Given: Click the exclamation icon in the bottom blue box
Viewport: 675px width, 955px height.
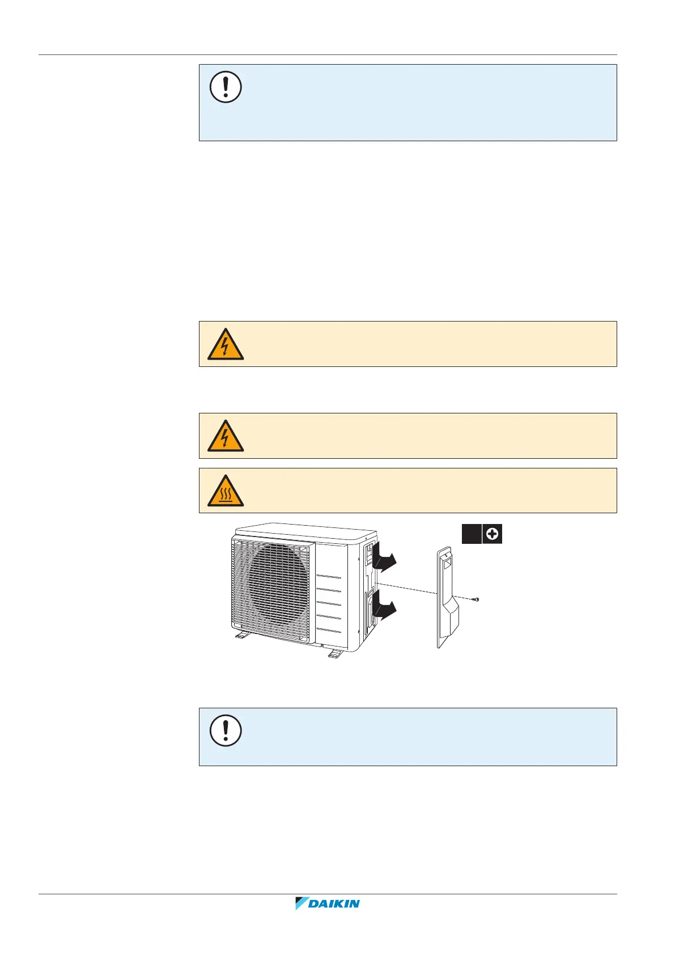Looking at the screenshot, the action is [226, 730].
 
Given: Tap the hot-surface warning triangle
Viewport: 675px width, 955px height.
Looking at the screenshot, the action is [226, 491].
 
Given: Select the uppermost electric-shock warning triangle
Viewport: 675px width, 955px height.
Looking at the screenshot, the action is [226, 344].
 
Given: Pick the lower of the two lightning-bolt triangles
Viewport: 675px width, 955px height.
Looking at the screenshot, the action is [226, 436].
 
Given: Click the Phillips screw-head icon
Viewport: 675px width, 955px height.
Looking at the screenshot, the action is [493, 534].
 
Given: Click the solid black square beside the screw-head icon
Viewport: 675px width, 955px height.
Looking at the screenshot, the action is [471, 534].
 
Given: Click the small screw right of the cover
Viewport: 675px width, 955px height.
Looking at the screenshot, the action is [477, 599].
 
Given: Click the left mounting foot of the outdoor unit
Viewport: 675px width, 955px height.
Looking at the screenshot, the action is [243, 636].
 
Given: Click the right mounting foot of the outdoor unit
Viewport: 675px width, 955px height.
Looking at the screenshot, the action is [334, 653].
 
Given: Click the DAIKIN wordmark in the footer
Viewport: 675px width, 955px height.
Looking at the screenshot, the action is [334, 903].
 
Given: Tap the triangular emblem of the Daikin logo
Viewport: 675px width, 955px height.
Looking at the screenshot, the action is [301, 903].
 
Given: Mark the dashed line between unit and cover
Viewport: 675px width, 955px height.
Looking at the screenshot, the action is [405, 588].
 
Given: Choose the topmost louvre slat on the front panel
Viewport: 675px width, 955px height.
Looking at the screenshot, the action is [329, 577].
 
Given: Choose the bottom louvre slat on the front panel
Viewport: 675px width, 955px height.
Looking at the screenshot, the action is [329, 631].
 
